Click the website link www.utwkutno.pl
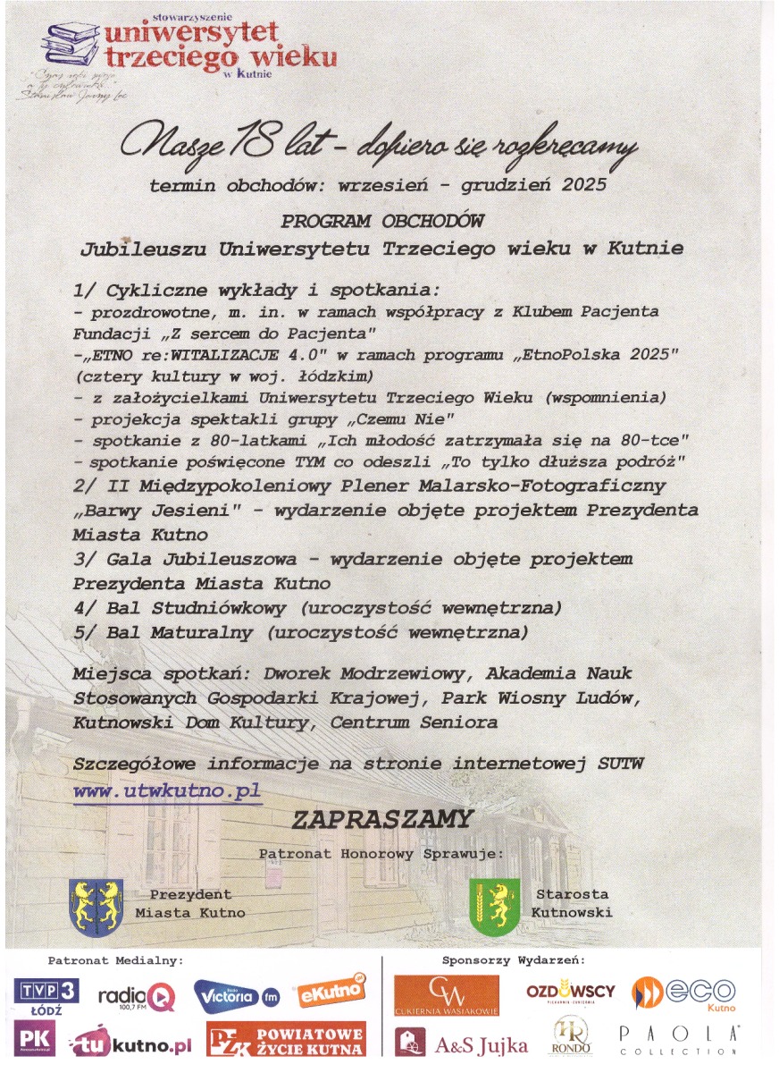pos(167,791)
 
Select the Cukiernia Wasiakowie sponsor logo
pos(447,995)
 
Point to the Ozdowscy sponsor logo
pos(570,993)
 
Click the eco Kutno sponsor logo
pos(684,993)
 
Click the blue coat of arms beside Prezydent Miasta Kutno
pos(96,905)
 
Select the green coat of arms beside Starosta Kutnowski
pos(495,905)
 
